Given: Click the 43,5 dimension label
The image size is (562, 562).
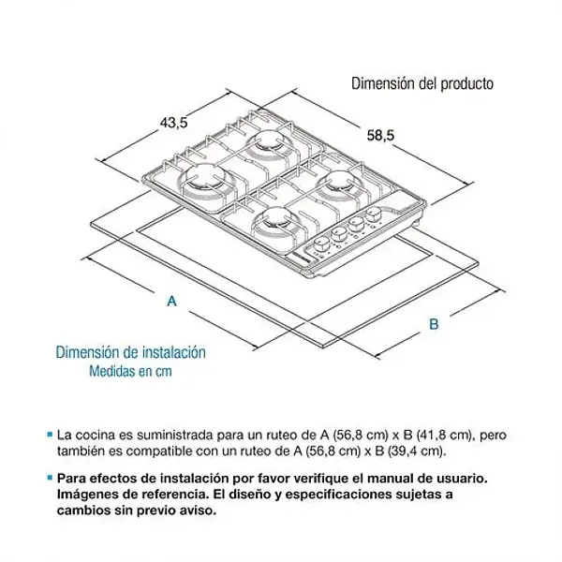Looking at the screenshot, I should (x=175, y=121).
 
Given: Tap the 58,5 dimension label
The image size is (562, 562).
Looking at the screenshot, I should (x=379, y=136).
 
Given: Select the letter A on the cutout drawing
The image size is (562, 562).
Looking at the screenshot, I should (x=171, y=301).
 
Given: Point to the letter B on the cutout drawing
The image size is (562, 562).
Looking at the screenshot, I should (x=434, y=324).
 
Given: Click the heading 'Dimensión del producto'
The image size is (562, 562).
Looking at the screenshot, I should (x=421, y=83).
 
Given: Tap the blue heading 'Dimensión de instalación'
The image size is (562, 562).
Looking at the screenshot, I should (x=130, y=353).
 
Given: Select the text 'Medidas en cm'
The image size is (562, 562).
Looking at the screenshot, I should (x=131, y=371).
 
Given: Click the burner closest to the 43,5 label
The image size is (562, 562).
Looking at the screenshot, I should (x=271, y=141).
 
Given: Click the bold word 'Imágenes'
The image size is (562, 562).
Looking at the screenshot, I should (x=87, y=495).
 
